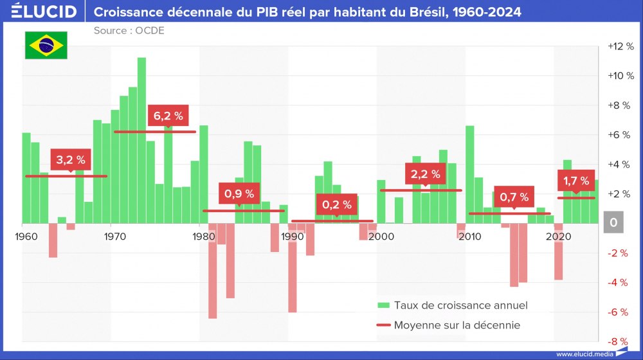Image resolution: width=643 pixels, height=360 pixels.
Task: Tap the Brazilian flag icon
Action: pos(46,45)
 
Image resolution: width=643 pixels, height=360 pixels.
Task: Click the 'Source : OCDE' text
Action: pos(129,31)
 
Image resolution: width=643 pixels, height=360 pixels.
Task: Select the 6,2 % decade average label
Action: pos(168,116)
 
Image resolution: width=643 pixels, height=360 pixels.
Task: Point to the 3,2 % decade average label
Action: pos(71,160)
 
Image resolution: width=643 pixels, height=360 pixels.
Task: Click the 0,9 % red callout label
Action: pos(239,192)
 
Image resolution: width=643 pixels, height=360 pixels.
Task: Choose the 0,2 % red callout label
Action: pos(337,204)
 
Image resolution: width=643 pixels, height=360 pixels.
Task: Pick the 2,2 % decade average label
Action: pos(426,174)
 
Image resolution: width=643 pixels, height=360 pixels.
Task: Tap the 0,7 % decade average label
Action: pos(514,197)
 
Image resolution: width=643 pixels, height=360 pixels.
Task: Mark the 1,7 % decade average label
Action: pos(575,181)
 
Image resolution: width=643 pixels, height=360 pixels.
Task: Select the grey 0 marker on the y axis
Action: pos(613,223)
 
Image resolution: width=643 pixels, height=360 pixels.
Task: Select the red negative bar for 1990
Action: pos(293,267)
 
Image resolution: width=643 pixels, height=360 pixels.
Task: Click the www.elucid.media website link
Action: pos(584,354)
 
